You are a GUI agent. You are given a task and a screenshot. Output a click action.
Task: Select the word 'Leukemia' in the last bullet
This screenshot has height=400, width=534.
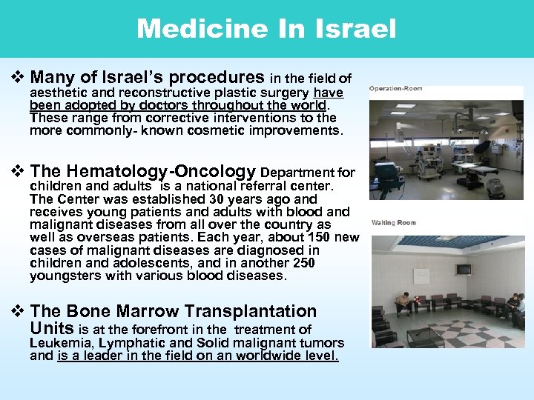click(x=56, y=343)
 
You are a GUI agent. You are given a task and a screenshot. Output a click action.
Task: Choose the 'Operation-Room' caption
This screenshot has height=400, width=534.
click(x=396, y=89)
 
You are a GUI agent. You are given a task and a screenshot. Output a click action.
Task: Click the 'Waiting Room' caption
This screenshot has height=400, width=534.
click(x=394, y=223)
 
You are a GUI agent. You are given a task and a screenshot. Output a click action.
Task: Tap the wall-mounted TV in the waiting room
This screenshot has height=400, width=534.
click(x=464, y=270)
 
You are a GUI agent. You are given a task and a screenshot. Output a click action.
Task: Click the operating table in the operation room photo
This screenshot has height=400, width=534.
click(x=483, y=170)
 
